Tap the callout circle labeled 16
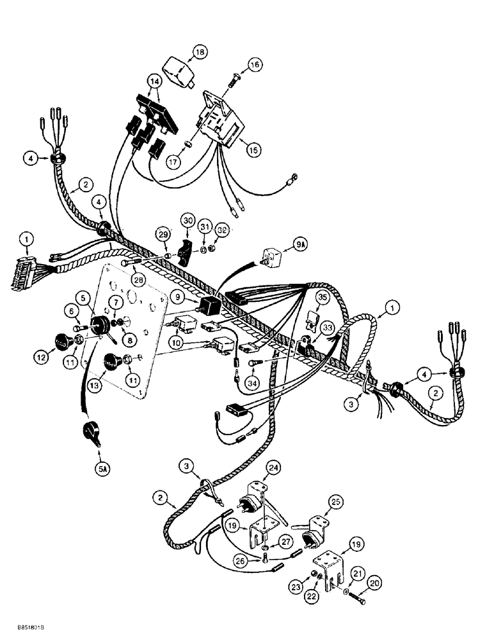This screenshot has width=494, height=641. [255, 65]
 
